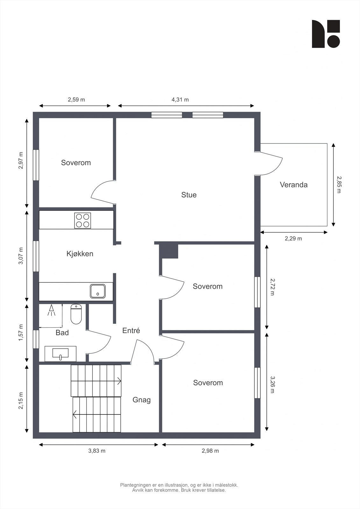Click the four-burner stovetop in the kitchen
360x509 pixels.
[82, 220]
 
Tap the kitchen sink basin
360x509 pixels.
[98, 291]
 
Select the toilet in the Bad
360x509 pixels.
[76, 314]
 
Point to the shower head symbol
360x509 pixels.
[51, 310]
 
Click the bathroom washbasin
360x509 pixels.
[60, 353]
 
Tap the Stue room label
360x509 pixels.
[189, 195]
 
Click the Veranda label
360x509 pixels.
[293, 185]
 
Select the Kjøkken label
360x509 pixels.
[80, 254]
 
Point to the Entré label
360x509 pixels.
[131, 331]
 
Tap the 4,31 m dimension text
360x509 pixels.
[180, 100]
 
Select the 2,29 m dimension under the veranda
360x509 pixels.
[293, 239]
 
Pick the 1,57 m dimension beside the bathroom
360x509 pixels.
[21, 333]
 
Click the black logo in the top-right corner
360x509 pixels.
[326, 34]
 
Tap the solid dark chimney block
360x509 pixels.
[168, 251]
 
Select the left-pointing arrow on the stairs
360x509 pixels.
[74, 415]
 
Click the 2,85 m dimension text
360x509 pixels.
[339, 185]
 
